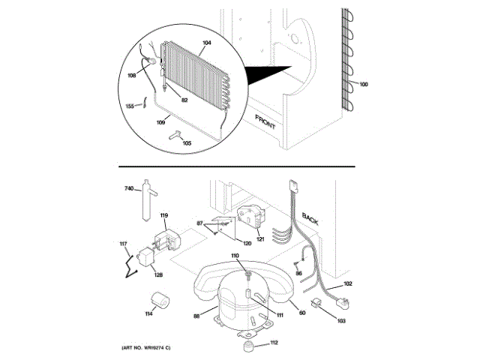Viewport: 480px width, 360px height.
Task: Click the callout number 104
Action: click(x=205, y=43)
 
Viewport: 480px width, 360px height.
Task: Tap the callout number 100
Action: click(x=364, y=84)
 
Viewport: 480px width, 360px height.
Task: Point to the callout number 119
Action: click(x=164, y=216)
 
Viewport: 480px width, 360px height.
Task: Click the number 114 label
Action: click(x=148, y=313)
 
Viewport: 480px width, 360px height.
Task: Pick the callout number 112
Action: click(x=274, y=343)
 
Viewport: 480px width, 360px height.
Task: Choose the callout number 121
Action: click(x=260, y=239)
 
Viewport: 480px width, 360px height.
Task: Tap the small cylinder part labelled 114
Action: click(x=158, y=302)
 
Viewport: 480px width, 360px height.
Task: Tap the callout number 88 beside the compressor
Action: click(x=196, y=316)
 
